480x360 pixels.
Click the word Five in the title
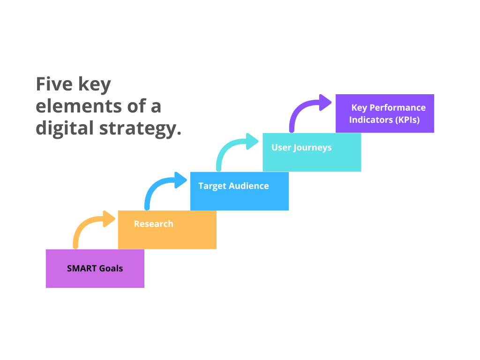[54, 84]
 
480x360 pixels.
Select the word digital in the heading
[65, 128]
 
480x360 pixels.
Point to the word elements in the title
[79, 106]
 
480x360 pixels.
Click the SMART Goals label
[95, 269]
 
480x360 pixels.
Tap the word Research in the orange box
[154, 224]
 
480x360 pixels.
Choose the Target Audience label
[233, 186]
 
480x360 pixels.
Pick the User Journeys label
[301, 148]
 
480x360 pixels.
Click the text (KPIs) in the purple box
[407, 120]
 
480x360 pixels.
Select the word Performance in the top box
[397, 107]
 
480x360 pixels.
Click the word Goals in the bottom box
[111, 269]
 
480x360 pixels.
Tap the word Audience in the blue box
[249, 186]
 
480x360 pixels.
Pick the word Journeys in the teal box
[313, 148]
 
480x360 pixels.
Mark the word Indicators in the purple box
[371, 120]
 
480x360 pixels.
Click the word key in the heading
[95, 85]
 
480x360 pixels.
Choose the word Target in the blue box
[212, 187]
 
